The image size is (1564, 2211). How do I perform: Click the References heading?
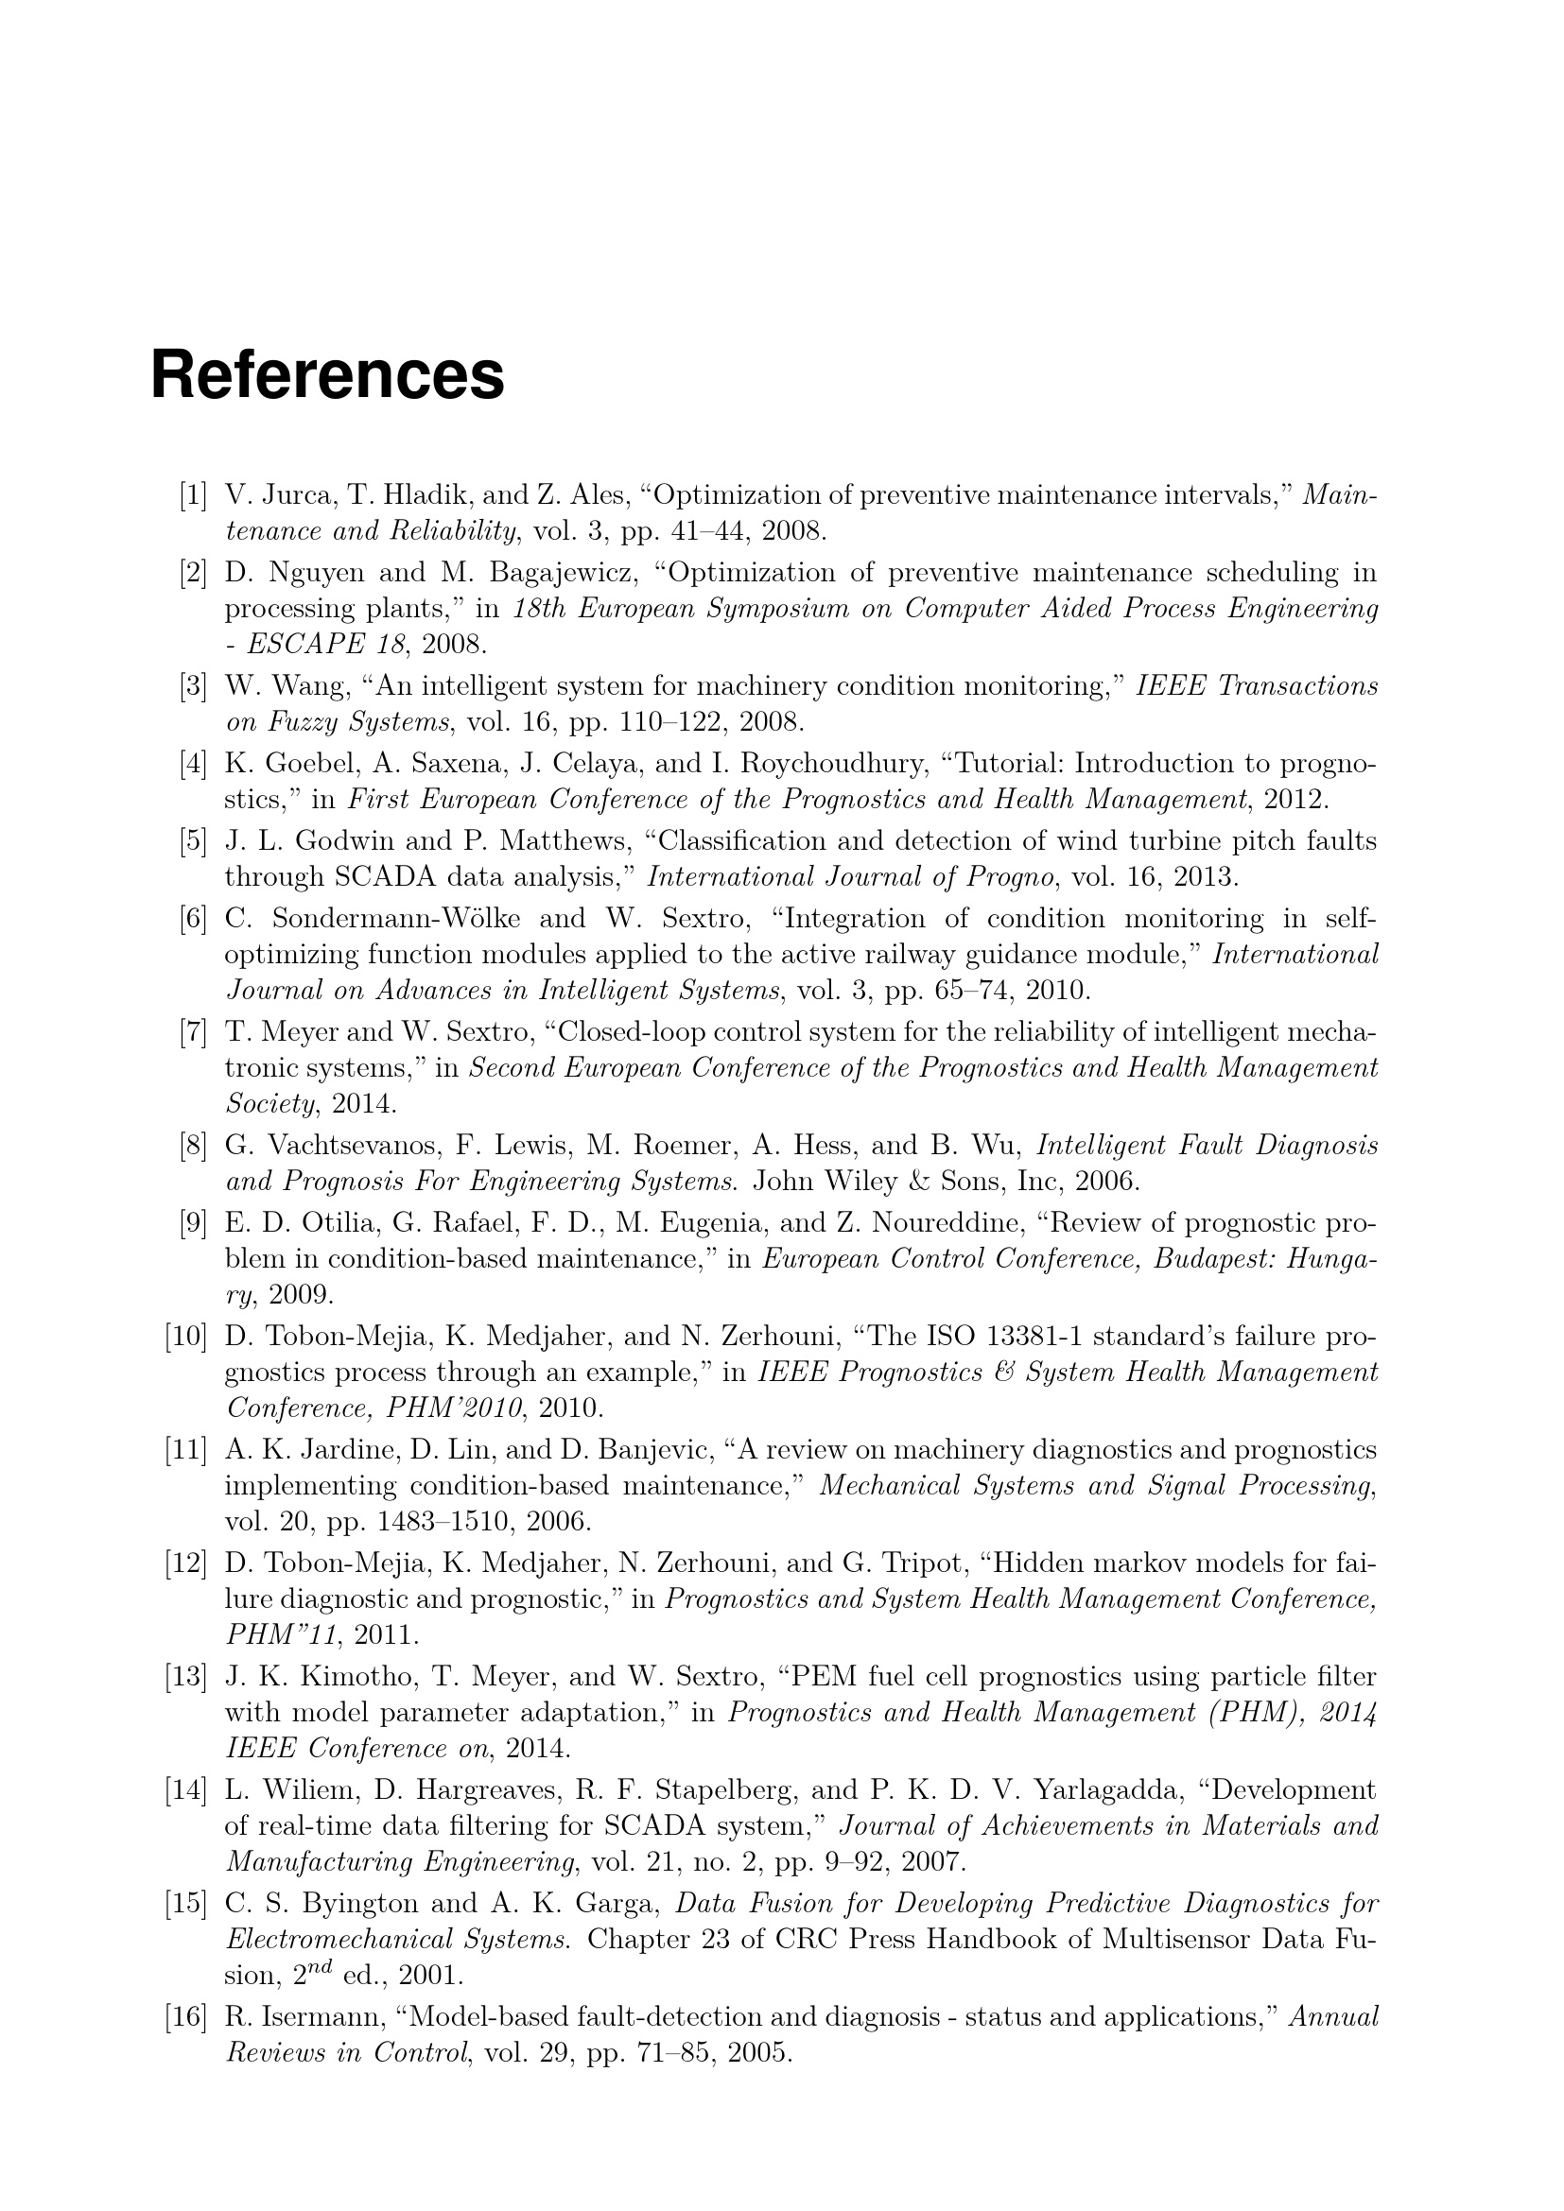point(327,375)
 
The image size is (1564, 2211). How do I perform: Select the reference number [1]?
point(193,496)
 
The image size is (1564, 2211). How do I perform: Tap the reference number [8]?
point(193,1146)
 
